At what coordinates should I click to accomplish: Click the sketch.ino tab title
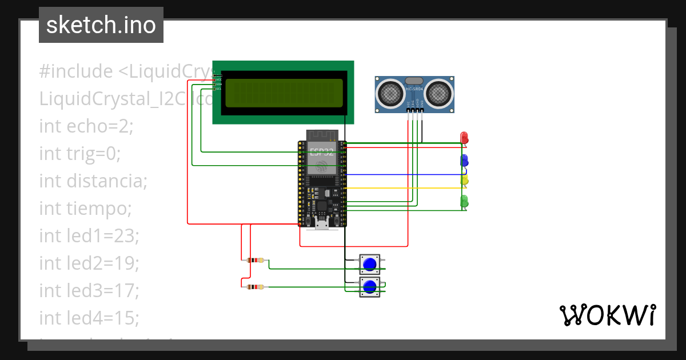pyautogui.click(x=101, y=25)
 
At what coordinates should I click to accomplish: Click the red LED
pyautogui.click(x=464, y=138)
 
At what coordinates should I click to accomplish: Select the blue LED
pyautogui.click(x=464, y=160)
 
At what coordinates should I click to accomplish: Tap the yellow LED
pyautogui.click(x=464, y=180)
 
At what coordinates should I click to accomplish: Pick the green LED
pyautogui.click(x=464, y=201)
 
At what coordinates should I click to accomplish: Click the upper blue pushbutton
pyautogui.click(x=370, y=264)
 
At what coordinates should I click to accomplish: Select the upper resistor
pyautogui.click(x=255, y=261)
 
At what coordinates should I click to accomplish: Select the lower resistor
pyautogui.click(x=255, y=287)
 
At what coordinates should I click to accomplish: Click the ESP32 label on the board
pyautogui.click(x=321, y=152)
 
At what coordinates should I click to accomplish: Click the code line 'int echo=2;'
pyautogui.click(x=86, y=126)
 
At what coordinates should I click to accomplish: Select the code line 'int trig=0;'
pyautogui.click(x=80, y=154)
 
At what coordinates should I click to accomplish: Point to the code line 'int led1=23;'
pyautogui.click(x=89, y=235)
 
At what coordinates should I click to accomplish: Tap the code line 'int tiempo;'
pyautogui.click(x=85, y=209)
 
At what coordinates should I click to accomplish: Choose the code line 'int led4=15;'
pyautogui.click(x=89, y=318)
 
